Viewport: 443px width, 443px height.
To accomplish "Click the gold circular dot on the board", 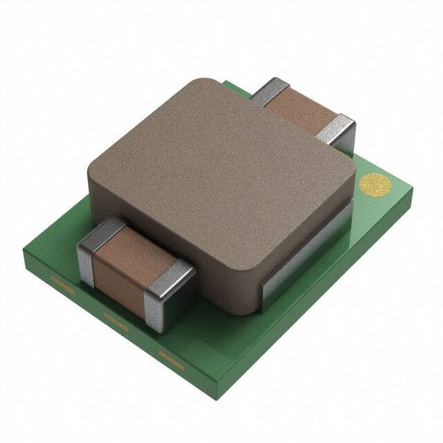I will tap(375, 185).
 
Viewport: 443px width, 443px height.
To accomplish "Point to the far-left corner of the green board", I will tap(26, 253).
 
